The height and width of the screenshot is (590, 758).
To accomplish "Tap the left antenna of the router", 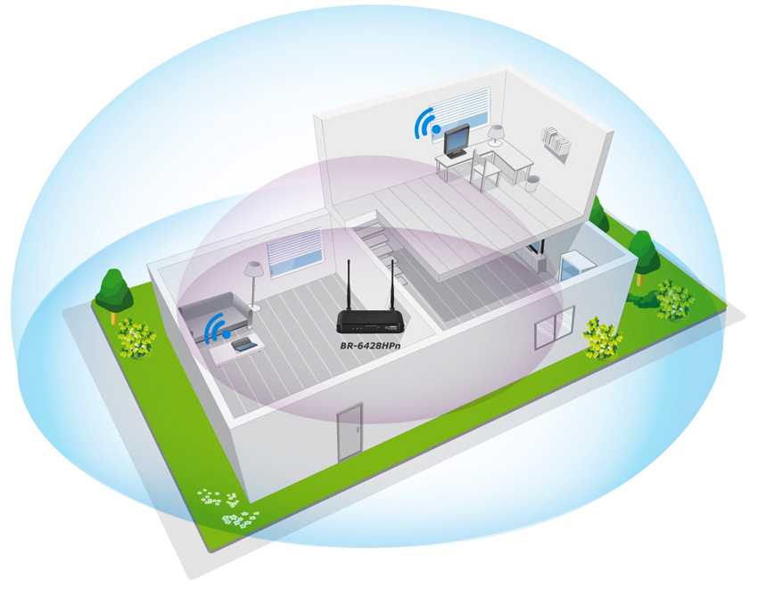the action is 349,286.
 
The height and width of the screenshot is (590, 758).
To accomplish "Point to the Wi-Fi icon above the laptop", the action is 217,328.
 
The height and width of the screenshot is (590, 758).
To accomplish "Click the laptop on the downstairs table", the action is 243,344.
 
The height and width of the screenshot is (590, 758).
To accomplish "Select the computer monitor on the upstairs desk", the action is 457,141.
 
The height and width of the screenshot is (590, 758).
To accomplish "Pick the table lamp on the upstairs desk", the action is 496,135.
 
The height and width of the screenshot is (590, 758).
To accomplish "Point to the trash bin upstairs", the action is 532,184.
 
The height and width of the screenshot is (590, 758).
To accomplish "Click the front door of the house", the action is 349,431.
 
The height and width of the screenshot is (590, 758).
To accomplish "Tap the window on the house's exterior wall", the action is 554,329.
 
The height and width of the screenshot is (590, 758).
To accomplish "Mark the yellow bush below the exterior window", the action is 602,340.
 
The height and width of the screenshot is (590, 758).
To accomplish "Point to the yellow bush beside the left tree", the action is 136,338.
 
